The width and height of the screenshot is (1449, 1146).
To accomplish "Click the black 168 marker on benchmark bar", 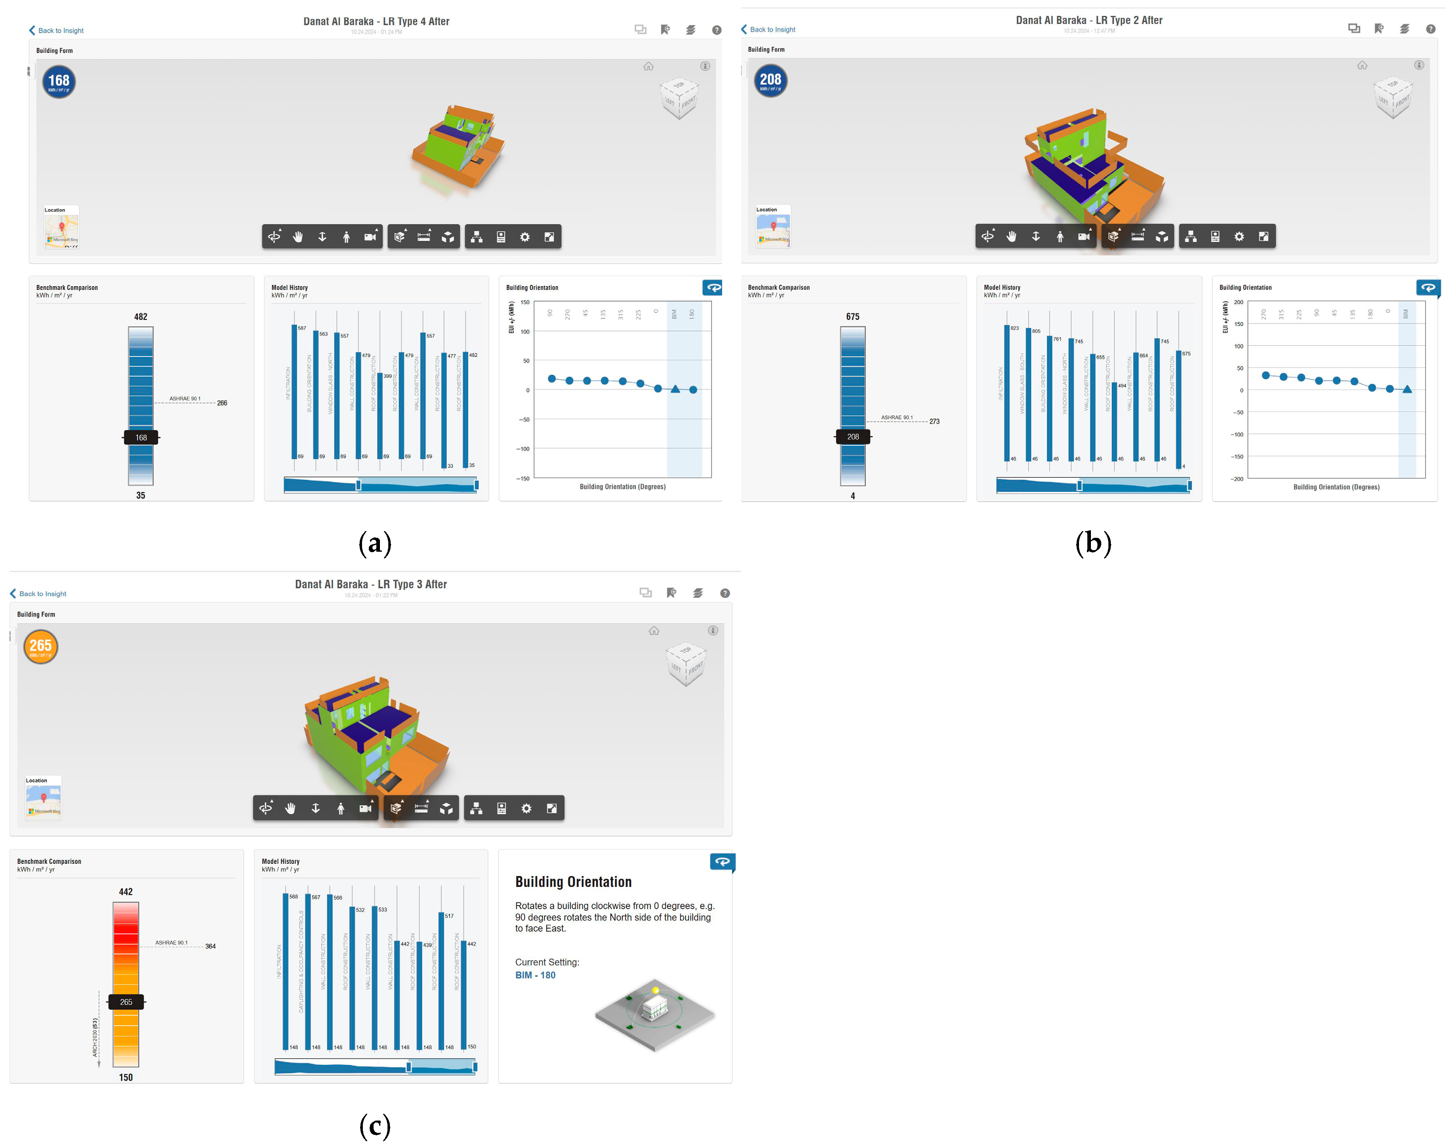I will [x=141, y=438].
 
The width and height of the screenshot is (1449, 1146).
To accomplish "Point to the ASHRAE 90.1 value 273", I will [x=934, y=421].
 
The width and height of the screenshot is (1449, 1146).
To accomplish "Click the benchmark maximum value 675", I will [x=852, y=317].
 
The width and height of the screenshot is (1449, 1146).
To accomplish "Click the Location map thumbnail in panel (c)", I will [x=44, y=801].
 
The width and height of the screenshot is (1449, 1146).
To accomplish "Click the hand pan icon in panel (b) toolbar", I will [x=1011, y=236].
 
